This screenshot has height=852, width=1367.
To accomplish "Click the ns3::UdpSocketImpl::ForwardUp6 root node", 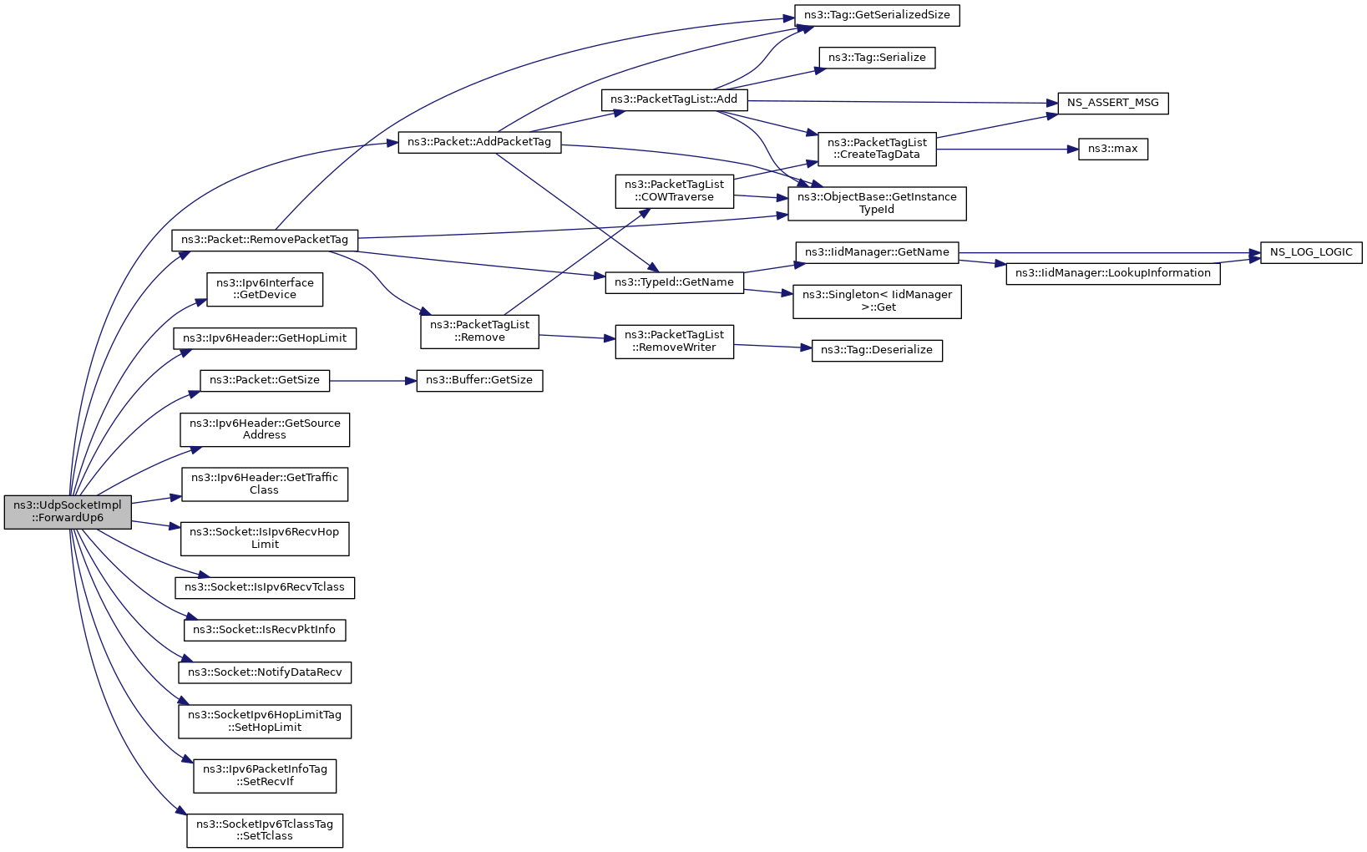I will [x=68, y=511].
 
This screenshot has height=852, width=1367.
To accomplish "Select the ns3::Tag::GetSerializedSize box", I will [x=876, y=15].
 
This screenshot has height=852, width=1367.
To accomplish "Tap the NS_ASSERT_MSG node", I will [x=1112, y=103].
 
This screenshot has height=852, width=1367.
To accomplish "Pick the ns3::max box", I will [x=1112, y=149].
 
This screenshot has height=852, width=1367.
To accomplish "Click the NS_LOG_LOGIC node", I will [x=1310, y=252].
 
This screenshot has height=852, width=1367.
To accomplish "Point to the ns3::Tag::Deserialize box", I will [x=876, y=350].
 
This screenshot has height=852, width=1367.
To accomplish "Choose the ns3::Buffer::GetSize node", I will [x=479, y=380].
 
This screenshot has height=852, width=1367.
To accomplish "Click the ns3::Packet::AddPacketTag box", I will [x=478, y=142].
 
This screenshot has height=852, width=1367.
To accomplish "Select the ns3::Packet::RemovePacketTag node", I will [x=264, y=240].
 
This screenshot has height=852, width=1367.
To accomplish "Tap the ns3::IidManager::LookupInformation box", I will [x=1112, y=273].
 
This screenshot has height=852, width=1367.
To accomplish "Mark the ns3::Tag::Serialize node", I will [x=876, y=58].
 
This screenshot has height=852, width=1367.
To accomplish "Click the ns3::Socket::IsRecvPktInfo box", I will [x=264, y=630].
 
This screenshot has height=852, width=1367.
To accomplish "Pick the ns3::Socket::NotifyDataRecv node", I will [x=264, y=672].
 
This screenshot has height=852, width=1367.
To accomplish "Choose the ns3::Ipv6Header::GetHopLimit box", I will [x=264, y=338].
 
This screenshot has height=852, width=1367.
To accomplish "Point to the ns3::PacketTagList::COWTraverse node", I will [x=674, y=190].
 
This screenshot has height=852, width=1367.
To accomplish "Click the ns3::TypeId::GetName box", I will [x=673, y=282].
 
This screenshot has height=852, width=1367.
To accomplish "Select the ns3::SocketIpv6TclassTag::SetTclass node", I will [x=264, y=829].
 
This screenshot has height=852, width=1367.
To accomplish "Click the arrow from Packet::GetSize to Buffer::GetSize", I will [x=372, y=381].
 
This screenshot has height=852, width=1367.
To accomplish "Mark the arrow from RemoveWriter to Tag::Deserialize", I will [x=772, y=347].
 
